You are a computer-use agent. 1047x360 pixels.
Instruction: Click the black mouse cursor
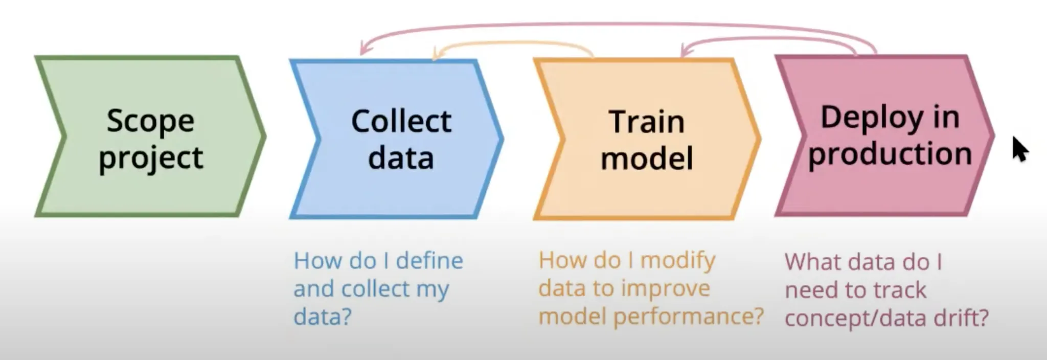pyautogui.click(x=1019, y=149)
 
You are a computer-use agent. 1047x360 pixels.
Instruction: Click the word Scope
pyautogui.click(x=150, y=122)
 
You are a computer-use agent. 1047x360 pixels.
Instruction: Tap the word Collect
pyautogui.click(x=401, y=122)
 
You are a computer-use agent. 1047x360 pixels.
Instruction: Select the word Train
pyautogui.click(x=647, y=123)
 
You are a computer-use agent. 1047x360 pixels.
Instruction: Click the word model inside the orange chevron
pyautogui.click(x=647, y=158)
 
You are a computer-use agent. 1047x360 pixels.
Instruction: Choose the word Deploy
pyautogui.click(x=871, y=118)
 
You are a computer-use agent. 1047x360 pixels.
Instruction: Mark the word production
pyautogui.click(x=890, y=154)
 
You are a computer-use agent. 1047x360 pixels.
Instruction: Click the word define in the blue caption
pyautogui.click(x=429, y=261)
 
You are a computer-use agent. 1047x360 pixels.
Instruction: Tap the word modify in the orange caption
pyautogui.click(x=678, y=261)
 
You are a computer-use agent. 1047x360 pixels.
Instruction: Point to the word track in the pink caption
pyautogui.click(x=899, y=290)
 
